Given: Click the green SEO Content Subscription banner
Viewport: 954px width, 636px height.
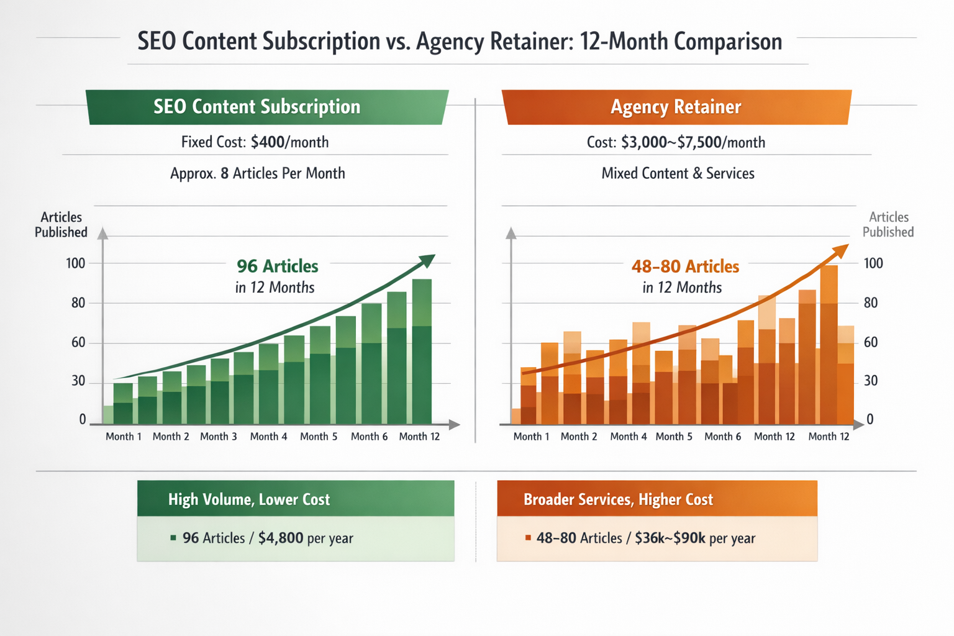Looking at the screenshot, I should click(x=267, y=107).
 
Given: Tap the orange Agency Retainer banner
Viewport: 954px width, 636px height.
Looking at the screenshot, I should click(x=676, y=107).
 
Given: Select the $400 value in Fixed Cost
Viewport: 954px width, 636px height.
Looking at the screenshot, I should click(x=268, y=142).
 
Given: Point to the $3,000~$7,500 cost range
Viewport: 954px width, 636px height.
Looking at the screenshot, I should click(x=671, y=142).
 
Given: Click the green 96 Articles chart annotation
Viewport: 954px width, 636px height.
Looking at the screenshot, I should click(x=277, y=266).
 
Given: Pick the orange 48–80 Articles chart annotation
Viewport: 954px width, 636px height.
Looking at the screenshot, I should click(x=685, y=266).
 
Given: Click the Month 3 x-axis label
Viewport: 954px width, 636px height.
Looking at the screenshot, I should click(x=219, y=437).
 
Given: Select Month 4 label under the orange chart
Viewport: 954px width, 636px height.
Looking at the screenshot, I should click(x=628, y=437).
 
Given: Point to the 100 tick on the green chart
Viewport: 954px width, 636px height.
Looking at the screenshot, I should click(x=75, y=263).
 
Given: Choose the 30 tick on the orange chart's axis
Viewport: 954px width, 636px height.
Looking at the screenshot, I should click(x=871, y=381).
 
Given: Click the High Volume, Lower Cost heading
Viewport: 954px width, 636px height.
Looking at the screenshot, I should click(x=249, y=499).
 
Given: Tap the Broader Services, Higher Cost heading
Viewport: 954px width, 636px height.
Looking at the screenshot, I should click(x=618, y=499).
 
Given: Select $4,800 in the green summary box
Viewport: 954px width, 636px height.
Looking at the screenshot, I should click(x=281, y=538).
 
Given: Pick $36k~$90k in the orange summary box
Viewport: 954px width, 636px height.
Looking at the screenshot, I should click(x=670, y=538).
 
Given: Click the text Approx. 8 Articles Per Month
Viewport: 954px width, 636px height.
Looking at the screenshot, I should click(x=257, y=173).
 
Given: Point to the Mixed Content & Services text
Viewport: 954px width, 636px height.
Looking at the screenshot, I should click(x=678, y=173).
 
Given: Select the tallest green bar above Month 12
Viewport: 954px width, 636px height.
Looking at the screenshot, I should click(x=422, y=351).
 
